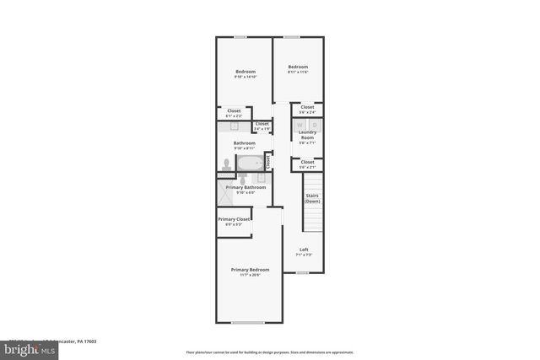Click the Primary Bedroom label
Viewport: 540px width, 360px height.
pyautogui.click(x=250, y=271)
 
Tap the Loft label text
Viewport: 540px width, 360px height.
pyautogui.click(x=305, y=249)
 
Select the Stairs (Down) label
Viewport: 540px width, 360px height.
pyautogui.click(x=312, y=198)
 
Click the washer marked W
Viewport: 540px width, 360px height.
pyautogui.click(x=300, y=125)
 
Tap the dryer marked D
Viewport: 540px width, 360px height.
pyautogui.click(x=315, y=125)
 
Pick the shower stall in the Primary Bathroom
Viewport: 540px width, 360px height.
pyautogui.click(x=225, y=193)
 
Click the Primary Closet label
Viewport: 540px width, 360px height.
pyautogui.click(x=234, y=220)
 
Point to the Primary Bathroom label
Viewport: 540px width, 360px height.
pyautogui.click(x=246, y=188)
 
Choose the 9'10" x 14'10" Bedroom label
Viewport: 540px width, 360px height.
pyautogui.click(x=245, y=73)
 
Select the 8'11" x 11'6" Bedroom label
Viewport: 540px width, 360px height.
pyautogui.click(x=298, y=68)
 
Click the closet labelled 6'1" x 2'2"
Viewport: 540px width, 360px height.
pyautogui.click(x=234, y=112)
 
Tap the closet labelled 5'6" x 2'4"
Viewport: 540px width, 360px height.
pyautogui.click(x=307, y=108)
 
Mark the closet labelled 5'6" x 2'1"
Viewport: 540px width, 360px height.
pyautogui.click(x=307, y=163)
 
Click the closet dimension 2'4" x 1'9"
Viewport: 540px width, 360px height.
pyautogui.click(x=262, y=128)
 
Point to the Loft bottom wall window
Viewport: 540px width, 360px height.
pyautogui.click(x=301, y=273)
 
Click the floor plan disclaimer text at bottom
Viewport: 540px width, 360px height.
pyautogui.click(x=270, y=352)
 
